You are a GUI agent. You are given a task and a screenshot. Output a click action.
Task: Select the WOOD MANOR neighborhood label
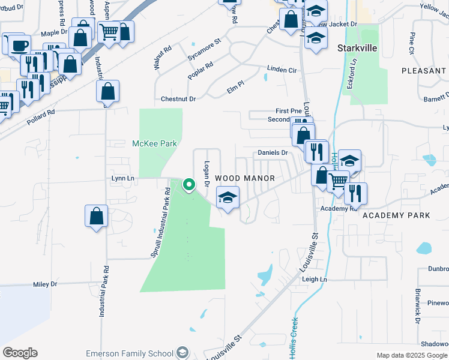244,178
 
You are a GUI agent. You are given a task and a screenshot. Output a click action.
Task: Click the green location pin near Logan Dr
189,185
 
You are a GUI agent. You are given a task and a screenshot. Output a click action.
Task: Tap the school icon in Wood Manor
228,197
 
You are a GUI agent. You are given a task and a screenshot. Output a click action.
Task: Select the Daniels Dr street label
273,153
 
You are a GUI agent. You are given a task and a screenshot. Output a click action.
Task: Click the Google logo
20,353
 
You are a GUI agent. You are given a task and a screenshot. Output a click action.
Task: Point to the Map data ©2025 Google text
411,355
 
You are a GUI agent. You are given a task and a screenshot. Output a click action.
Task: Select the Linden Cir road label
282,70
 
